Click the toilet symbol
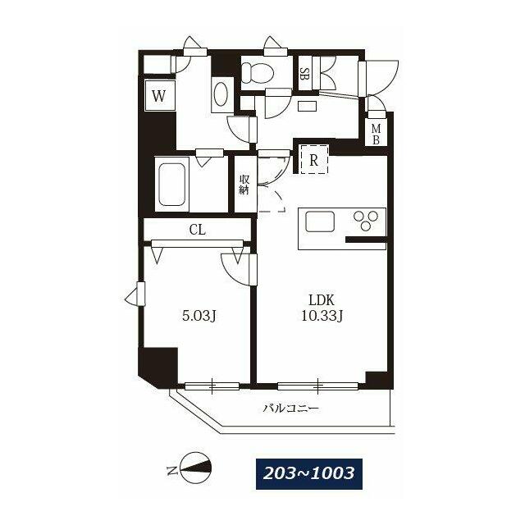point(258,73)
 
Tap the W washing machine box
point(159,96)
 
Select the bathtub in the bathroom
point(172,185)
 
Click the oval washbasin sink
point(222,94)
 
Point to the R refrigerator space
point(313,159)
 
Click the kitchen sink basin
point(319,221)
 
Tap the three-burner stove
point(366,220)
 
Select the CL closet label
point(197,230)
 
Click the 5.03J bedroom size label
point(199,315)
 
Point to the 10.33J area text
point(322,315)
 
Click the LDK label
point(322,300)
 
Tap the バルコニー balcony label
point(290,409)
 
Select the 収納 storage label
point(244,184)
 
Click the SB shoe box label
point(304,74)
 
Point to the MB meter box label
point(376,134)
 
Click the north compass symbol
point(195,468)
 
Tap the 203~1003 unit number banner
point(309,474)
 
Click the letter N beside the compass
point(171,470)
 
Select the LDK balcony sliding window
point(318,386)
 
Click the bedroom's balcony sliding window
point(212,386)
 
